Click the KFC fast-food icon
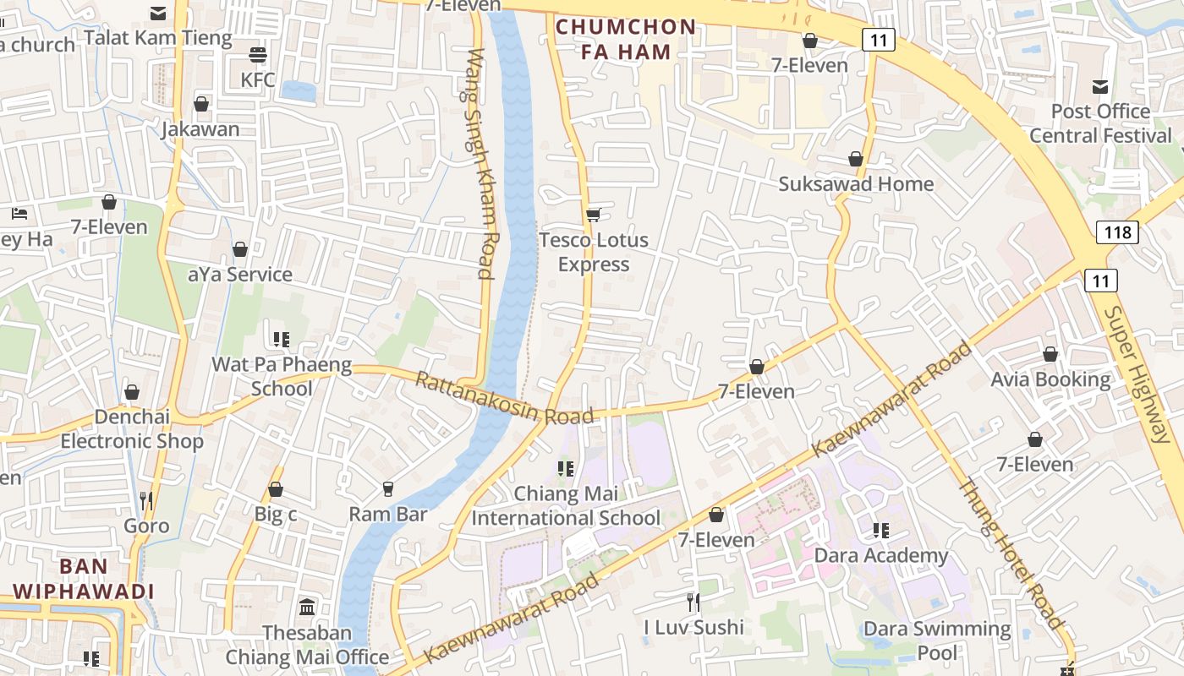click(258, 56)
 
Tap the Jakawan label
click(200, 129)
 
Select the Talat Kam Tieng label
click(157, 38)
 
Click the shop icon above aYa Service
click(240, 249)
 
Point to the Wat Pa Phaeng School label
click(282, 377)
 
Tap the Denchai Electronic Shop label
click(132, 428)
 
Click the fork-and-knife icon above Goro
click(146, 500)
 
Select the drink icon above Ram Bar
click(388, 488)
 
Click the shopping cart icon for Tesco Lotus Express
click(594, 215)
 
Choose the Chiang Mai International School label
click(566, 505)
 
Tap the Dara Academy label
click(880, 555)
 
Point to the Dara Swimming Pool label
click(937, 641)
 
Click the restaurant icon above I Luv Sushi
click(693, 602)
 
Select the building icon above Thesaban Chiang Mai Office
click(307, 607)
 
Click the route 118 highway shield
click(1116, 232)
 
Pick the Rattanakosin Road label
click(503, 399)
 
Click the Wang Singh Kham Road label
click(480, 163)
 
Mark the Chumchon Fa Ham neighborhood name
click(626, 39)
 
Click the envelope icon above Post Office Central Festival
click(1100, 86)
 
